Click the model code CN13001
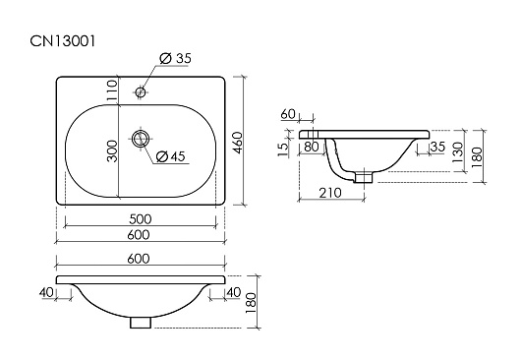(x=63, y=41)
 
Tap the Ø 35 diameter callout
(x=175, y=58)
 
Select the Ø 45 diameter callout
(x=170, y=156)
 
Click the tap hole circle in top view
(x=141, y=91)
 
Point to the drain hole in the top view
(x=141, y=139)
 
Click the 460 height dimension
(x=238, y=143)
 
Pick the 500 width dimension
(x=141, y=219)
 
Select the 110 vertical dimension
(x=112, y=90)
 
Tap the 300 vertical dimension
(x=112, y=151)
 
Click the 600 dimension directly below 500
(x=139, y=235)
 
